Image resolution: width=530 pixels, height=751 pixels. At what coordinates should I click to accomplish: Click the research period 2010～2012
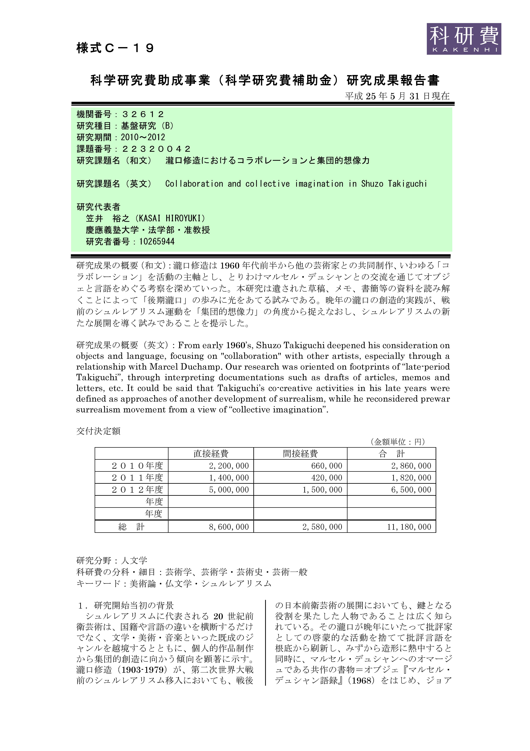tap(143, 137)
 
